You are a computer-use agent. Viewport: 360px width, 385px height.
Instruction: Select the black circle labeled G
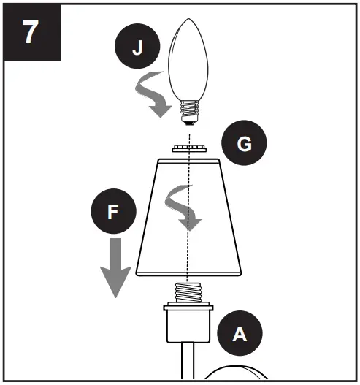pos(245,145)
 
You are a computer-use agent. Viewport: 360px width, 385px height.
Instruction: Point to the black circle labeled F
pos(112,213)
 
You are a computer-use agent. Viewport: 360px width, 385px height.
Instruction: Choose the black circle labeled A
pos(239,334)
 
